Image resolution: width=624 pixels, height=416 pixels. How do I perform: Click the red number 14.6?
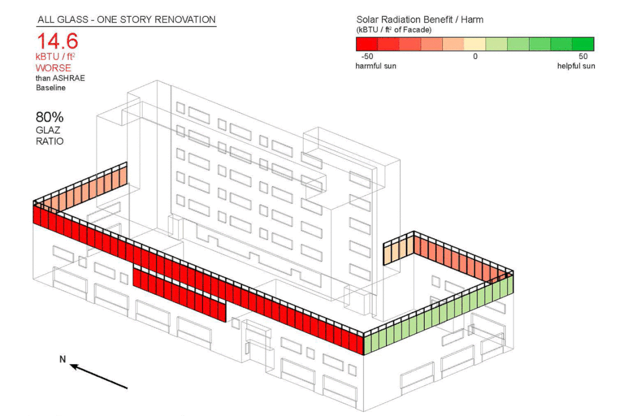58,42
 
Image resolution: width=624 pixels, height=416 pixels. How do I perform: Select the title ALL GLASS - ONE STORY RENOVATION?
126,20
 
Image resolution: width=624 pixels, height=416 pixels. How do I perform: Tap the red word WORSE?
53,68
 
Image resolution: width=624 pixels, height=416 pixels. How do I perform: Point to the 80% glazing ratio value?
50,117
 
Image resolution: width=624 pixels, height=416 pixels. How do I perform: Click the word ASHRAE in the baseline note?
69,78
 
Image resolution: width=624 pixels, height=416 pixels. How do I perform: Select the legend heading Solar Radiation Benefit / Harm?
420,20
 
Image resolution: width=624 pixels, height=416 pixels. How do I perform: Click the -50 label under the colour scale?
366,57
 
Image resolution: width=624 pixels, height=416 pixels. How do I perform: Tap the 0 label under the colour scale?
476,57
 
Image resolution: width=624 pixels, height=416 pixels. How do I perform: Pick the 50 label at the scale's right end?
582,57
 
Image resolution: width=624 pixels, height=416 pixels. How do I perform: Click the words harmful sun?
376,66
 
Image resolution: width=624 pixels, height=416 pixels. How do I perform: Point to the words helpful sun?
576,66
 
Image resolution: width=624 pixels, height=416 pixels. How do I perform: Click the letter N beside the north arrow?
62,359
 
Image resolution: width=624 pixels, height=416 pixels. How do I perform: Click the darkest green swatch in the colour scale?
583,44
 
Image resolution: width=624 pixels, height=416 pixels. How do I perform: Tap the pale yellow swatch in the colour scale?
475,44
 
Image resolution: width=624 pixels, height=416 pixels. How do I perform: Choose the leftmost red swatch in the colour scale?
367,44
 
